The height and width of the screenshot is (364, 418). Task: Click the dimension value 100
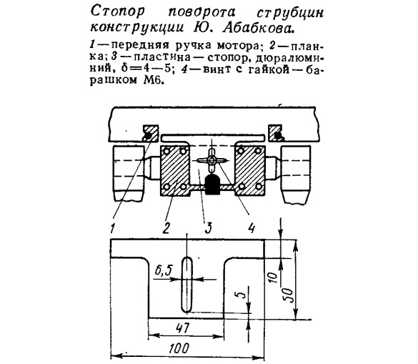(179, 348)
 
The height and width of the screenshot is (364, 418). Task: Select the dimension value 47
(183, 328)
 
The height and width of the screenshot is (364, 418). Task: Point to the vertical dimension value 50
(290, 295)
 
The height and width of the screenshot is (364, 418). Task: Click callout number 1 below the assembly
(113, 228)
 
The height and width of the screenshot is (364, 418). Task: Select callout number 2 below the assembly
(166, 228)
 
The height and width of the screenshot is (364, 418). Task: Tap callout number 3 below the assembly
(208, 228)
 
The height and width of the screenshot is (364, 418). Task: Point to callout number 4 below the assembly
(252, 228)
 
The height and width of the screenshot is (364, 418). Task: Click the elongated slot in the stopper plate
(187, 285)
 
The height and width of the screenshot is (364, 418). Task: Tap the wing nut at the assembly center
(212, 161)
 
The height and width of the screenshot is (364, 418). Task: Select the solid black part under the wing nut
(212, 185)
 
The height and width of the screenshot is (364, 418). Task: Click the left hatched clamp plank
(175, 171)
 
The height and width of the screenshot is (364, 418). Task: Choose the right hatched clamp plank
(249, 171)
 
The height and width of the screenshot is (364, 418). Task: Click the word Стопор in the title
(118, 11)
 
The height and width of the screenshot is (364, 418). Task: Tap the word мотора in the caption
(238, 46)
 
